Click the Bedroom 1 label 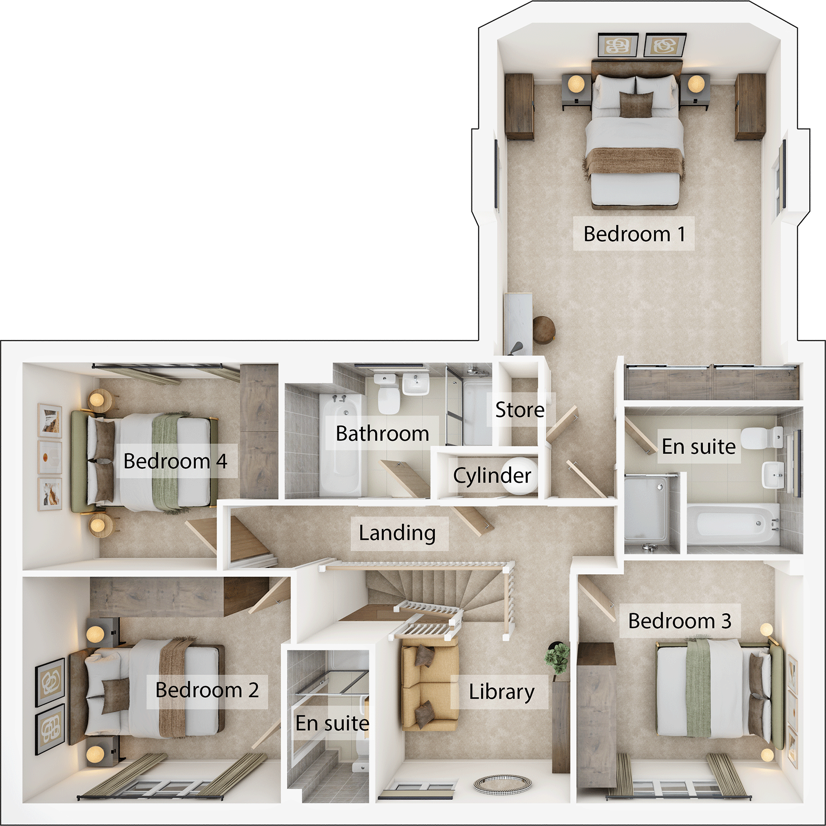[634, 234]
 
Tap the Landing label [397, 533]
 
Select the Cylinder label [492, 475]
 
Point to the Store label [519, 410]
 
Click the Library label [501, 692]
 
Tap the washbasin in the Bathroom [416, 384]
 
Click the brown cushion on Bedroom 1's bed [636, 104]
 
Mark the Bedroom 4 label [175, 461]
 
